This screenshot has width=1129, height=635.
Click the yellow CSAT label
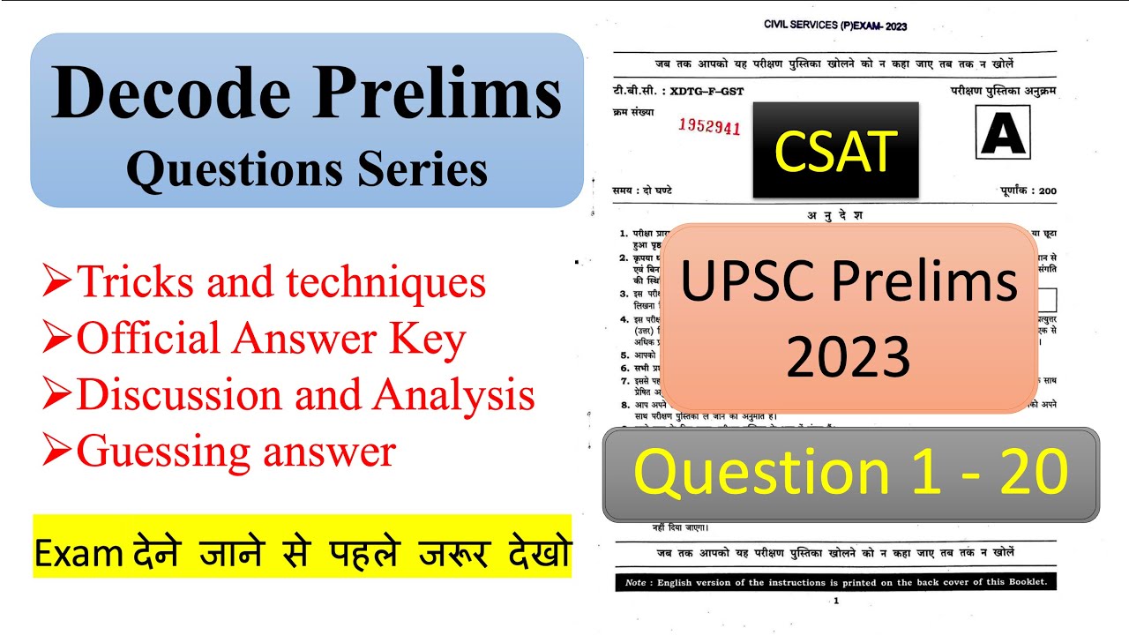(x=835, y=151)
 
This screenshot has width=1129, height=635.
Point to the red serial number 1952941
(x=709, y=126)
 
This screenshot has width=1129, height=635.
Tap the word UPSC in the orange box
(x=750, y=284)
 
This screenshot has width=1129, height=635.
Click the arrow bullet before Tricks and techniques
(x=57, y=282)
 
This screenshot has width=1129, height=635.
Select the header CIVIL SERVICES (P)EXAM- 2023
(x=834, y=26)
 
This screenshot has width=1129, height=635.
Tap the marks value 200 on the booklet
(x=1047, y=191)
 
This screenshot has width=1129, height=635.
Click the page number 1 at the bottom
(x=834, y=601)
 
